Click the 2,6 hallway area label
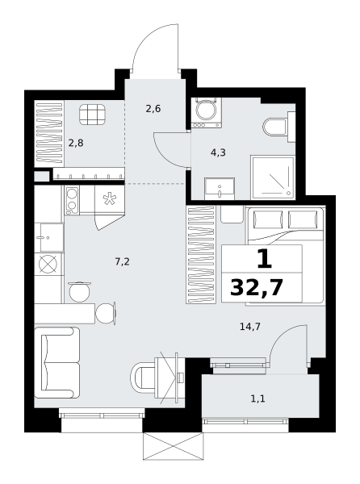point(153,109)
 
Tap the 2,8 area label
point(76,144)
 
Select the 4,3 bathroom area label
point(218,152)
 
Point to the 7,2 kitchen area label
point(122,262)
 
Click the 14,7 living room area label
point(250,326)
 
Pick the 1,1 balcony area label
point(257,399)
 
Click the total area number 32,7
point(256,288)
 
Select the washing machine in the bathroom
point(207,112)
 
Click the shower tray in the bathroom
point(273,177)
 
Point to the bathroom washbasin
point(220,189)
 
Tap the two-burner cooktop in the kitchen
point(72,200)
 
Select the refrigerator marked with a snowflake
point(109,199)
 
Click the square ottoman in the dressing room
point(92,114)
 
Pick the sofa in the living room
point(57,363)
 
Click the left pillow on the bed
point(268,219)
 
